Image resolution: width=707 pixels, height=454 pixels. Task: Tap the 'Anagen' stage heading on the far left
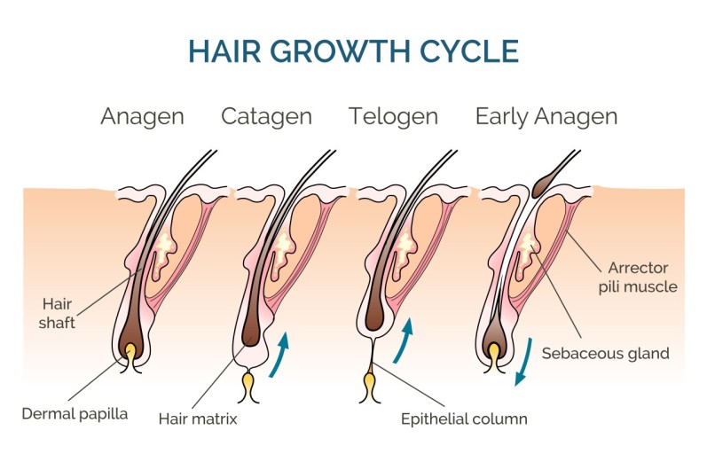(x=142, y=116)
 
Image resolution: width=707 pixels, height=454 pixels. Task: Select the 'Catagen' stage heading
(x=266, y=116)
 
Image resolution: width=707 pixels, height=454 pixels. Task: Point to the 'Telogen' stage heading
(x=393, y=116)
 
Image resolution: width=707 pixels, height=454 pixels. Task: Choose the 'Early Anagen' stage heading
(x=546, y=116)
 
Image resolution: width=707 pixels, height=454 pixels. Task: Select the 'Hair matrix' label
(x=198, y=417)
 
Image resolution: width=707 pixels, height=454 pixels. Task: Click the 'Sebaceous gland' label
(x=605, y=353)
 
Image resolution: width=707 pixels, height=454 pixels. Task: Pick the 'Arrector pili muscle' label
(x=642, y=277)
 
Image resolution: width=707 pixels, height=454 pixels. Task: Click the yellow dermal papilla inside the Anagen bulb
(x=131, y=353)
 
